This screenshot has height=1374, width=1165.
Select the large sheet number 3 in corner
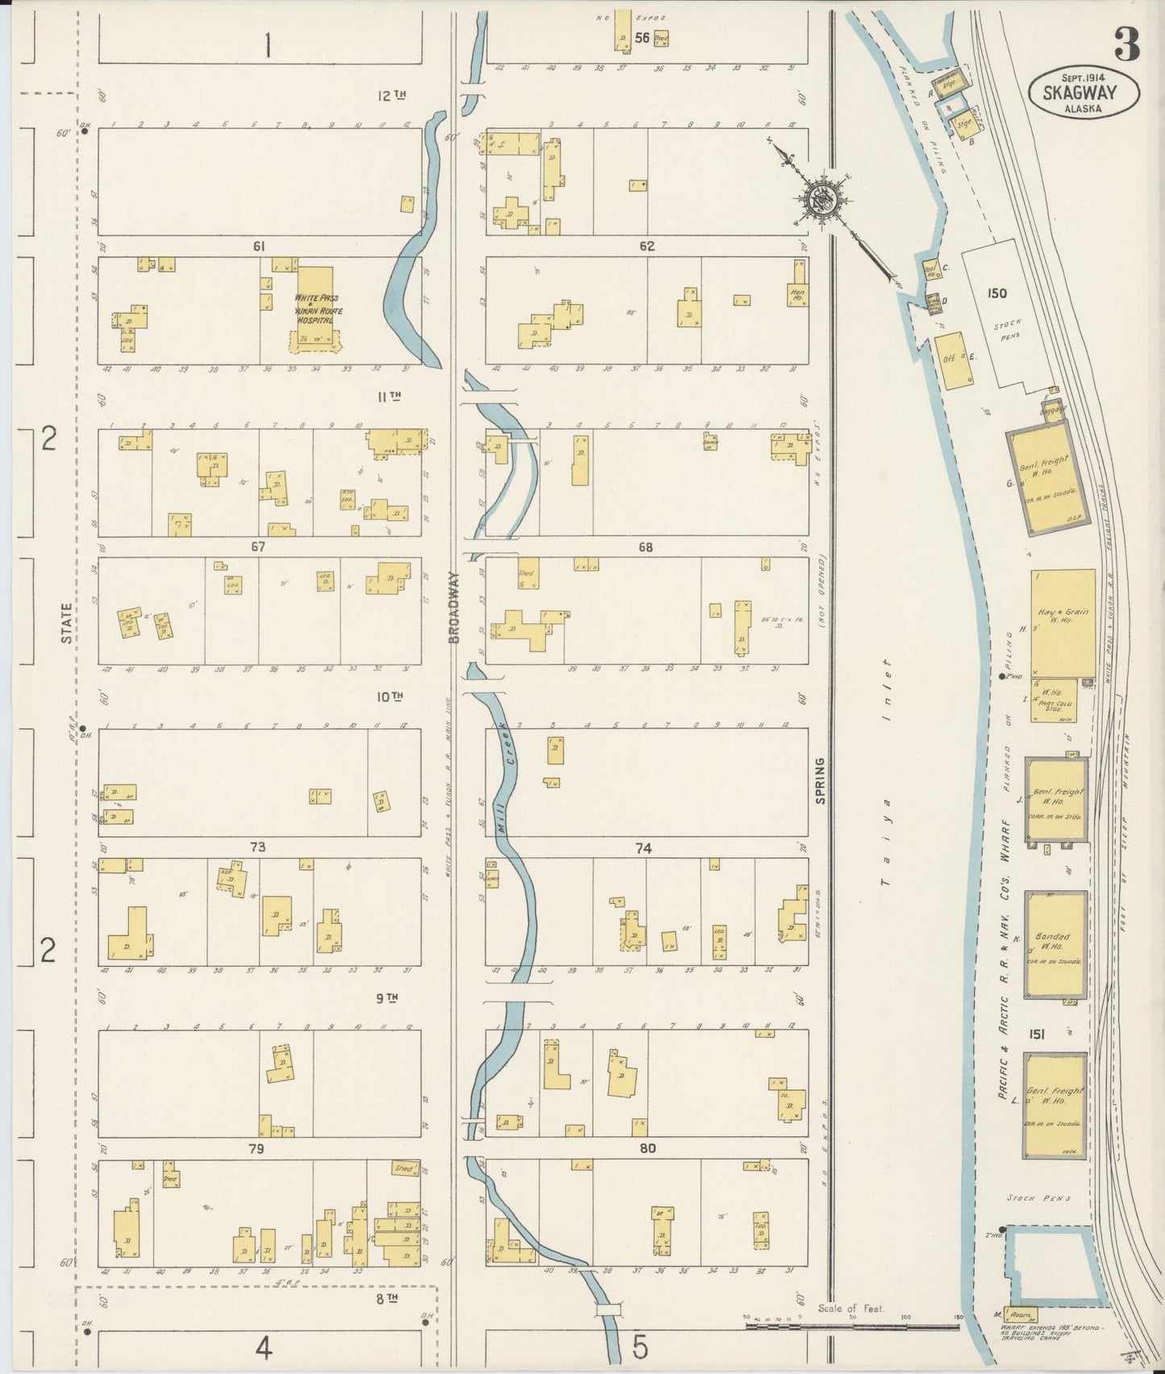(1126, 44)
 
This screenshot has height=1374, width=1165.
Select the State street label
(68, 623)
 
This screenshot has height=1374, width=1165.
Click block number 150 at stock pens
(996, 294)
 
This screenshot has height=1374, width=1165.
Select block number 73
(257, 847)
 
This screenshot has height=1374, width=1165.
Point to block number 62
(646, 247)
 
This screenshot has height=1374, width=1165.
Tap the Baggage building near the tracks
(1053, 410)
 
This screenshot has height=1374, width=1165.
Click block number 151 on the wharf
(1036, 1035)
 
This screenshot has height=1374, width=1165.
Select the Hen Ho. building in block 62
(797, 294)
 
